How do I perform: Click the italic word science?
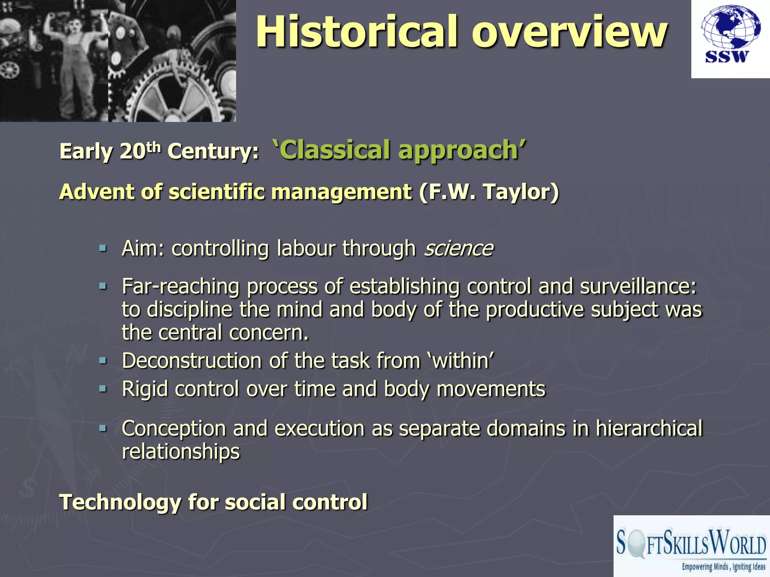click(458, 248)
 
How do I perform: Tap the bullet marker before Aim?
click(103, 248)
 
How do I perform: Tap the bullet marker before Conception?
click(103, 428)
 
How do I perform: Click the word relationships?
click(180, 452)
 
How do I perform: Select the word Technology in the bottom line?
click(120, 502)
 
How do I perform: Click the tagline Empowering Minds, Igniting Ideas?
click(723, 567)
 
